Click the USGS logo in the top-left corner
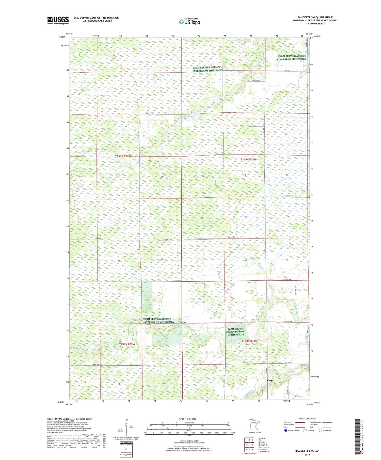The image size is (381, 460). [x=58, y=20]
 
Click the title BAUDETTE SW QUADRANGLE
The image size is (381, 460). [x=315, y=17]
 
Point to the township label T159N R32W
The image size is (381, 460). [x=123, y=156]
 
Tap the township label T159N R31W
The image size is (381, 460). [x=248, y=159]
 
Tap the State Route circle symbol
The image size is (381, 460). [x=321, y=430]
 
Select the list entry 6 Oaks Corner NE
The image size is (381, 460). [x=263, y=448]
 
